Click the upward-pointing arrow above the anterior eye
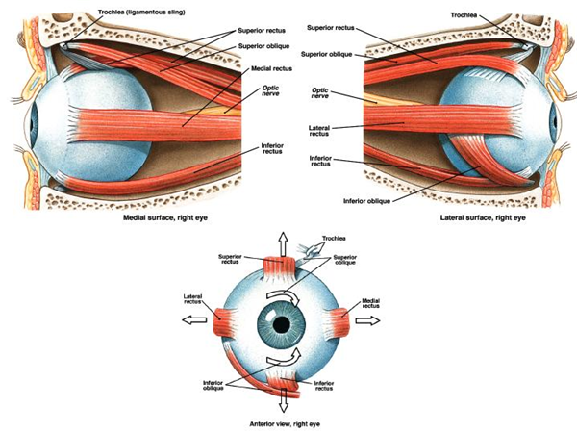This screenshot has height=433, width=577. pyautogui.click(x=282, y=244)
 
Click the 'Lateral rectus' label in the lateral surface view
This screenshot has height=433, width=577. pyautogui.click(x=319, y=129)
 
